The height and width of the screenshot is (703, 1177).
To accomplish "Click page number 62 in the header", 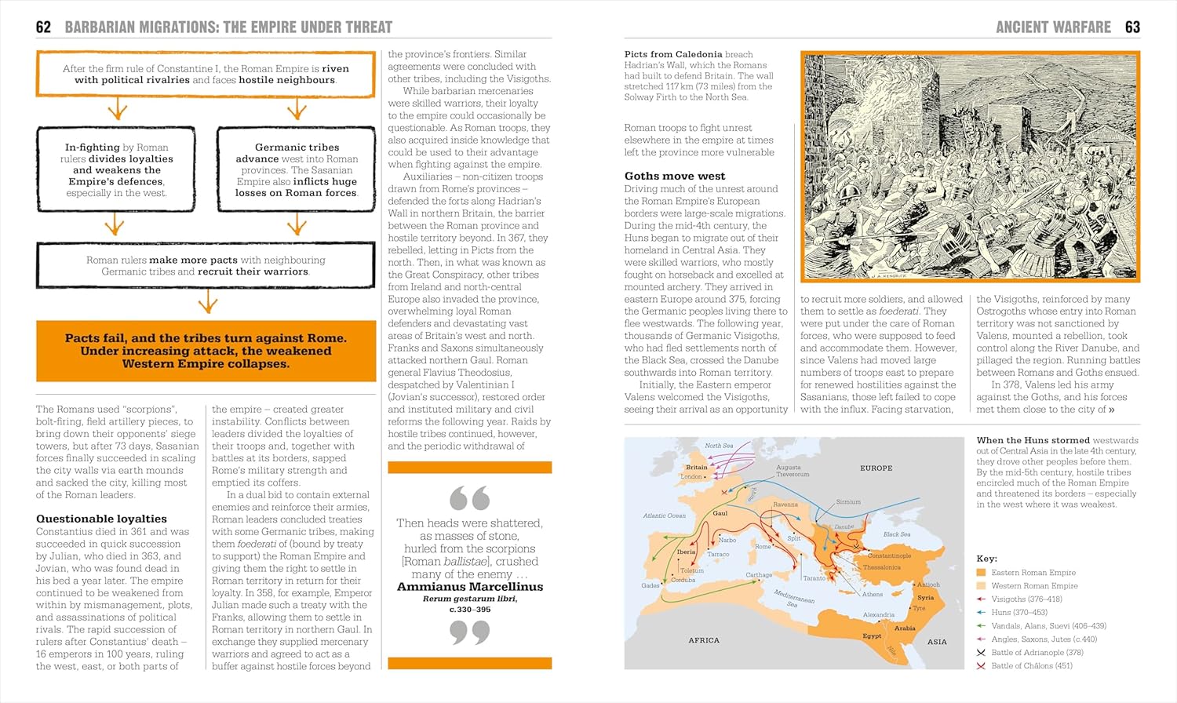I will (43, 27).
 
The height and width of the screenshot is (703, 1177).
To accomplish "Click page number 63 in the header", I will (1131, 27).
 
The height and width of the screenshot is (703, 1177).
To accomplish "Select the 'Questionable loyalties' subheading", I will (101, 519).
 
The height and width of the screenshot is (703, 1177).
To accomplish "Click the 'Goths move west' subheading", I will (674, 176).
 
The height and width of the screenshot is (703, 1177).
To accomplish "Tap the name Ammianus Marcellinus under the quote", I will (469, 586).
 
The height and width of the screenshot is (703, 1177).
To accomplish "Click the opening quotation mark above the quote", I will (469, 497).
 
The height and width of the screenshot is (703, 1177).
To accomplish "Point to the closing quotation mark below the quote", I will (469, 632).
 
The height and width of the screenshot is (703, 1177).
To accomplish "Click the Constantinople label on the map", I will (888, 555).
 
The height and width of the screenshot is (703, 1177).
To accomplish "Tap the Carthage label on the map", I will (759, 575).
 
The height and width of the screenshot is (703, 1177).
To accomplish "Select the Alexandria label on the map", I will (878, 614).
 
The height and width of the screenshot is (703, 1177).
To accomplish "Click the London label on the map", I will (691, 476).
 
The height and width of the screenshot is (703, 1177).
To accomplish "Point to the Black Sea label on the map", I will (896, 534).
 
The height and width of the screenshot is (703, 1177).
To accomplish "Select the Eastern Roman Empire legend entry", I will (1033, 573).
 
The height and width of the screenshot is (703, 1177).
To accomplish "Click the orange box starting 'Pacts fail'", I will (206, 351).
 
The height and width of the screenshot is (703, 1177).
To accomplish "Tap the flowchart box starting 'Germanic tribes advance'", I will (297, 169).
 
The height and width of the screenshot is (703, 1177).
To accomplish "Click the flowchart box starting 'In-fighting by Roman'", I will (116, 169).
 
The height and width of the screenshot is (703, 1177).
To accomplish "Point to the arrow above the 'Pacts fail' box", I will (207, 301).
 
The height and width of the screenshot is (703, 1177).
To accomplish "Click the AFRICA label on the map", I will (703, 640).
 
